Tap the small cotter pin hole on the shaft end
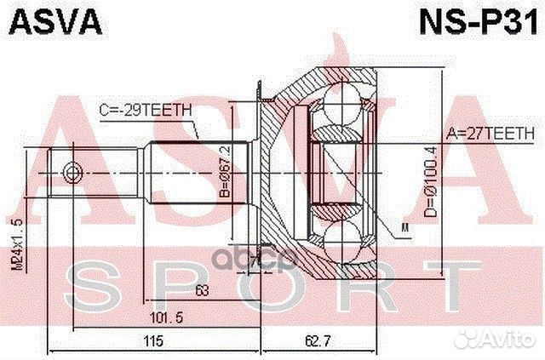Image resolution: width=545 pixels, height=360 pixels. [x=72, y=174]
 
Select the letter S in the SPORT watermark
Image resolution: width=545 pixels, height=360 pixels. [x=98, y=284]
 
